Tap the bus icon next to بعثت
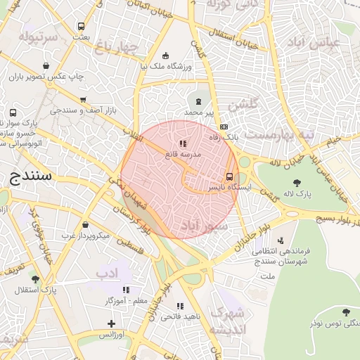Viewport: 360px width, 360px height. pos(82,27)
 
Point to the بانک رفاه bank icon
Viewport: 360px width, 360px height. pos(224,127)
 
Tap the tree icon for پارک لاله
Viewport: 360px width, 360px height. pos(306,182)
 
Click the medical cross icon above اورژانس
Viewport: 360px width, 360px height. pos(111,323)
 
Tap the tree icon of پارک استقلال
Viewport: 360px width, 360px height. pos(35,279)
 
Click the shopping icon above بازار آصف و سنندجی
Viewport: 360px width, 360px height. pos(84,100)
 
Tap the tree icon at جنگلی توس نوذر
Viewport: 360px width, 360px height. pos(345,311)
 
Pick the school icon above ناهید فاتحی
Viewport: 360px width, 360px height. pos(180,306)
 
